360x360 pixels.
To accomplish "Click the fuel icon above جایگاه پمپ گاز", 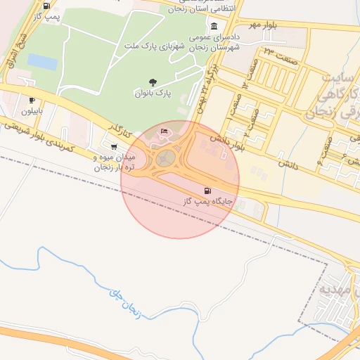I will pyautogui.click(x=207, y=191).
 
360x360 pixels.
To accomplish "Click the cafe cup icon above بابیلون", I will pyautogui.click(x=32, y=101).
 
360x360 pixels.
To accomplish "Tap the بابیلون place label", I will pyautogui.click(x=32, y=111).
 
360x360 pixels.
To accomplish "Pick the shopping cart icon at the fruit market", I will pyautogui.click(x=115, y=147).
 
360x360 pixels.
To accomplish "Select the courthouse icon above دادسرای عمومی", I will pyautogui.click(x=214, y=27).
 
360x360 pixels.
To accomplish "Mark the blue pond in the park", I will pyautogui.click(x=42, y=62).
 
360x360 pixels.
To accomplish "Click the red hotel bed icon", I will pyautogui.click(x=165, y=131).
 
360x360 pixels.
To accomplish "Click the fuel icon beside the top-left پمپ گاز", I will pyautogui.click(x=46, y=6).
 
